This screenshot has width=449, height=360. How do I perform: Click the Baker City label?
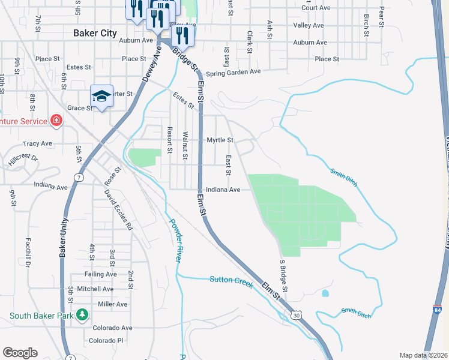coord(95,34)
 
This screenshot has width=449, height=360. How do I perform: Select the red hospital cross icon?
coord(56,121)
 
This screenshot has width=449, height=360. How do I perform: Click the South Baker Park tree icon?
coord(82,315)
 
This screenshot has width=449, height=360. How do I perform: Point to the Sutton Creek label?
coord(231,280)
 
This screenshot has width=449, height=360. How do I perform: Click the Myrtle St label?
coord(220,140)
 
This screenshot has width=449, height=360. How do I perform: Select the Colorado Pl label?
coord(106,341)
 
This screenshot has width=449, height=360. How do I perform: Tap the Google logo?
coord(20,353)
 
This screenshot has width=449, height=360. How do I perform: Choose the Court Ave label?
coord(316,8)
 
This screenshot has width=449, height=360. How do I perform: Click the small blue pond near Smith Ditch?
coord(325,294)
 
